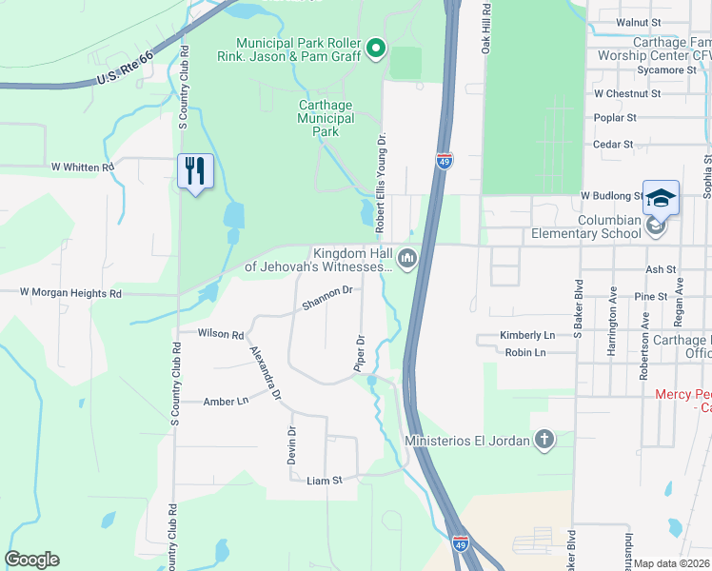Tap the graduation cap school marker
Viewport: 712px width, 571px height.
pyautogui.click(x=661, y=198)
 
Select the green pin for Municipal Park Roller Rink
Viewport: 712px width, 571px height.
pyautogui.click(x=376, y=48)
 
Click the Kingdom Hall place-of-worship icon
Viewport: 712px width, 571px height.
pyautogui.click(x=407, y=259)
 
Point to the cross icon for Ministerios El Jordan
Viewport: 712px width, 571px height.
pyautogui.click(x=544, y=440)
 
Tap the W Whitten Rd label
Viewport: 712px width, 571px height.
pyautogui.click(x=82, y=167)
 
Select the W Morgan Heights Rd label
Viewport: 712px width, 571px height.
pyautogui.click(x=70, y=293)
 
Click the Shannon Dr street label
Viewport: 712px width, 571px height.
pyautogui.click(x=327, y=298)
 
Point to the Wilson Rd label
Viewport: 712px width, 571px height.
pyautogui.click(x=221, y=334)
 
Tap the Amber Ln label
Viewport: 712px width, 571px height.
pyautogui.click(x=226, y=403)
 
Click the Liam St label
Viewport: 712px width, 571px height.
pyautogui.click(x=324, y=482)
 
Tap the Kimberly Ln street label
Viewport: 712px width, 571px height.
pyautogui.click(x=527, y=336)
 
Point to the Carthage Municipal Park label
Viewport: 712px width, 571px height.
pyautogui.click(x=326, y=118)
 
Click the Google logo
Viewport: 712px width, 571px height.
pyautogui.click(x=31, y=560)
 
